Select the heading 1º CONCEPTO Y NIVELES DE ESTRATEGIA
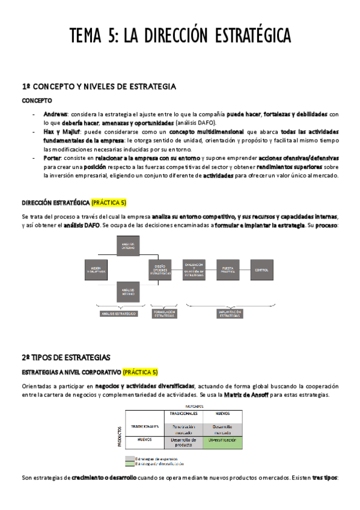click(99, 87)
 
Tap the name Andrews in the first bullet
click(55, 114)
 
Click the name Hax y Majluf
click(60, 131)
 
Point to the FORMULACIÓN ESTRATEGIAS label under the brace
click(163, 314)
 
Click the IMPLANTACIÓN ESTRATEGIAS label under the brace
click(231, 314)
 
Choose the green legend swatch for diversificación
click(130, 464)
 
